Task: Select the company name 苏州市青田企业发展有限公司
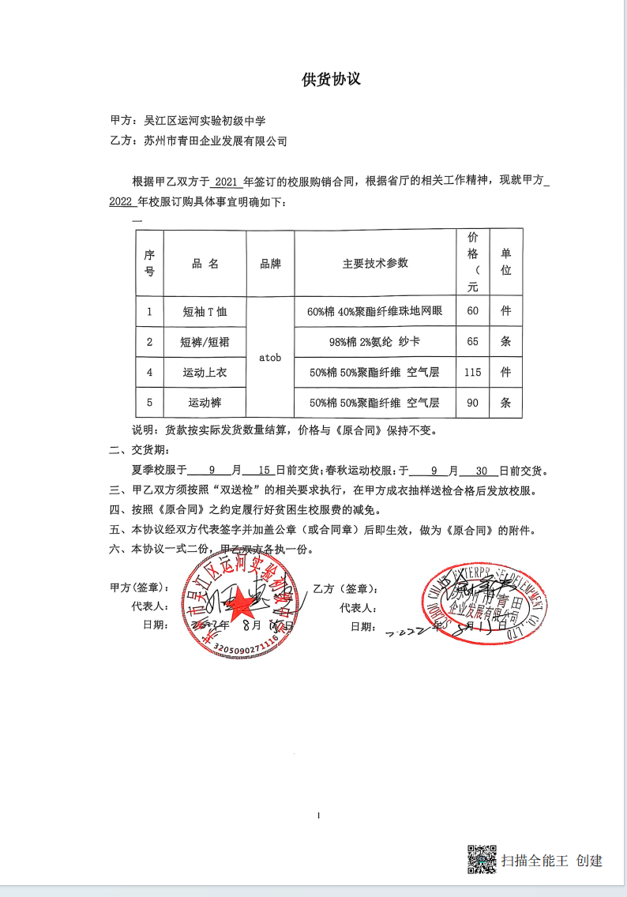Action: coord(216,141)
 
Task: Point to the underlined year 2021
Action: coord(227,181)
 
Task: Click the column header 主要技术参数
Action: coord(375,264)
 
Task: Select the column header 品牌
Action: coord(270,264)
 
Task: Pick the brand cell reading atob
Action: coord(270,358)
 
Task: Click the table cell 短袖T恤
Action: coord(205,311)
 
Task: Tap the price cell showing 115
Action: coord(472,372)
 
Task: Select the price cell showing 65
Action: coord(472,341)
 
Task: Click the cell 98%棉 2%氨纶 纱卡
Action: coord(375,342)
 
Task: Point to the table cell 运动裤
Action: coord(205,403)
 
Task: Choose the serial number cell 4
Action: coord(149,372)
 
